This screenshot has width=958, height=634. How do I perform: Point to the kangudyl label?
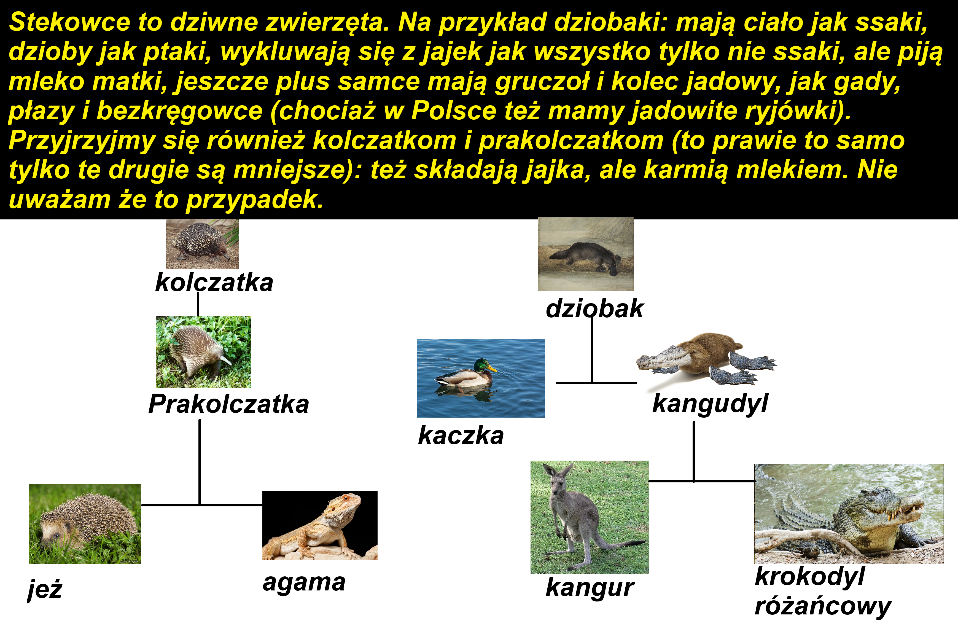[x=710, y=404]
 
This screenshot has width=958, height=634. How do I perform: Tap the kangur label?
[x=590, y=588]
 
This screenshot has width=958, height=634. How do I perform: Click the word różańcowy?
[x=823, y=606]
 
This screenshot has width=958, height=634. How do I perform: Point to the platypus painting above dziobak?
[x=586, y=254]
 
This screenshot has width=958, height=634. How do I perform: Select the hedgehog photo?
[x=85, y=524]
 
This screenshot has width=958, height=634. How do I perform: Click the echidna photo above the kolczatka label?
[x=202, y=244]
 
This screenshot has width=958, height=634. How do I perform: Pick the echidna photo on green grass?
[x=203, y=352]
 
